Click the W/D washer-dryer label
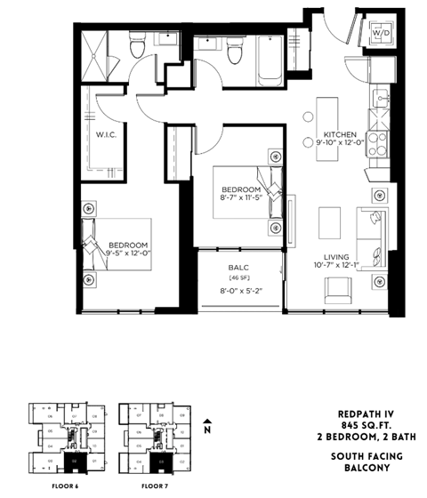click(x=381, y=33)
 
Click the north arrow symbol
click(x=207, y=425)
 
